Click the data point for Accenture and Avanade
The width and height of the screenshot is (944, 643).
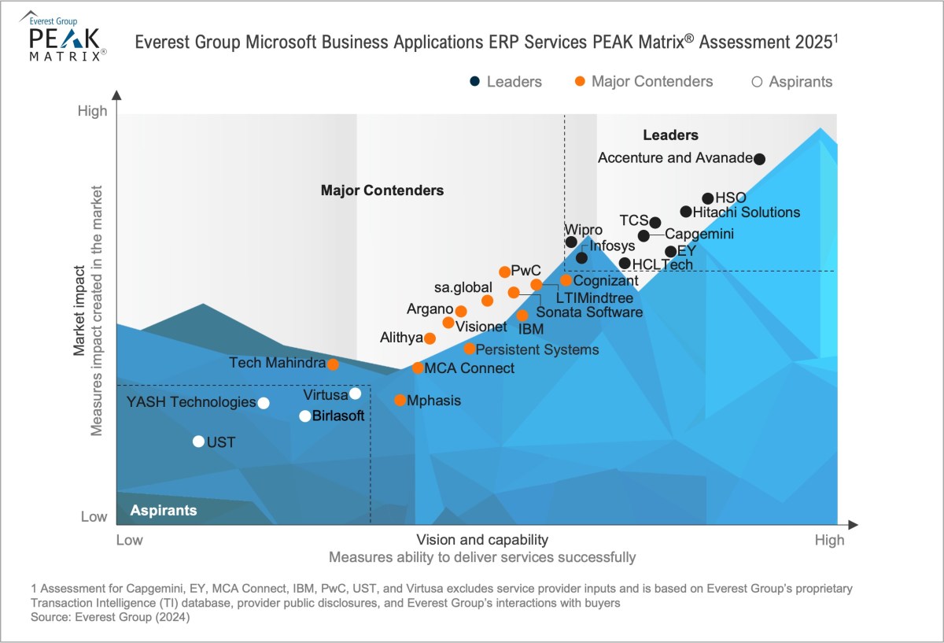point(759,159)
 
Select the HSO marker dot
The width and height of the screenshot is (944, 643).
point(708,198)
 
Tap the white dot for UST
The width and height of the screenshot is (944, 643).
point(198,442)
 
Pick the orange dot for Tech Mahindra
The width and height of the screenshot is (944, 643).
point(333,364)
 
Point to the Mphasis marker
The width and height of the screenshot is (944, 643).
point(400,401)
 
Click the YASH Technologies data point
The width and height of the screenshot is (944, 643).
point(264,403)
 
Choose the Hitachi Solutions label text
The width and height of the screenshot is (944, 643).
point(747,212)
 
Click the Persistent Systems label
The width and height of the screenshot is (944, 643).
point(537,349)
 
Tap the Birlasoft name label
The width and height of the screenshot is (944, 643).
point(338,416)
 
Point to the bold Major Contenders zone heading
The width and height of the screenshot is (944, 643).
point(382,190)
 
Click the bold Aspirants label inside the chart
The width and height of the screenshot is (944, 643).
point(164,511)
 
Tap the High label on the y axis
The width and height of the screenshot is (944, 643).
point(92,112)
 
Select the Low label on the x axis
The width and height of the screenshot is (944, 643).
point(130,540)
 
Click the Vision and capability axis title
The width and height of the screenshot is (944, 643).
point(481,540)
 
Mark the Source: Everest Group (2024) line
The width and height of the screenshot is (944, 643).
point(111,618)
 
